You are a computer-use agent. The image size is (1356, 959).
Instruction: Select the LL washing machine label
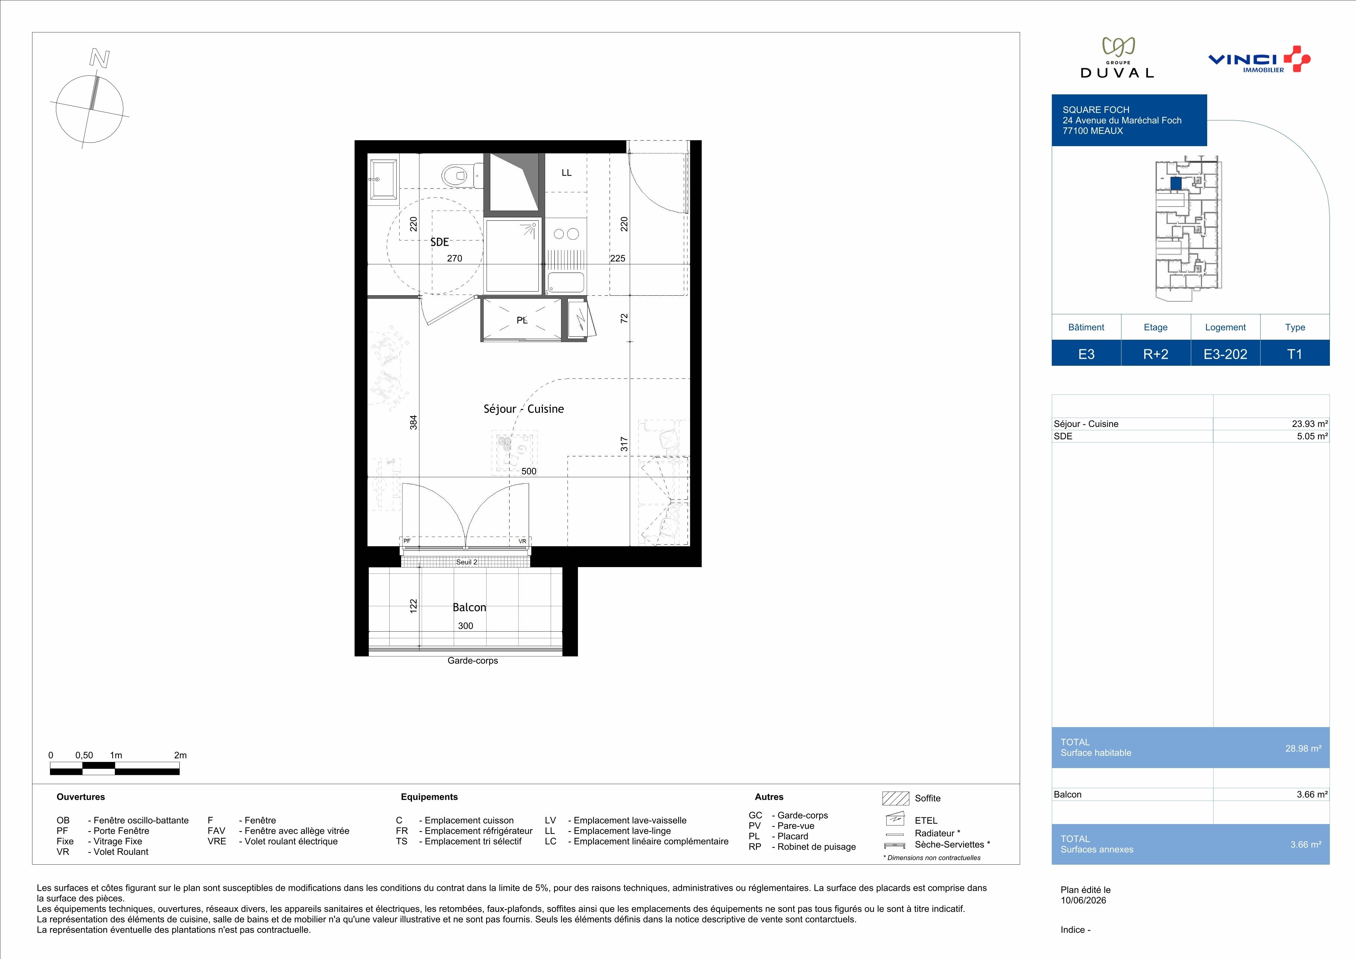[566, 173]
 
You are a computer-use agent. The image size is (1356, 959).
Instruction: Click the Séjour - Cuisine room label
[523, 409]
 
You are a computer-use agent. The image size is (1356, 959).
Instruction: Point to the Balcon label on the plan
[469, 607]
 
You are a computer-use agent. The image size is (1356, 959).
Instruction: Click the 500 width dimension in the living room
[529, 471]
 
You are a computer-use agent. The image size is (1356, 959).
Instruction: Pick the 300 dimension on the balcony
[465, 626]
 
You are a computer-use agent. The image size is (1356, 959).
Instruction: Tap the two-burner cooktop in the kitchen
[566, 234]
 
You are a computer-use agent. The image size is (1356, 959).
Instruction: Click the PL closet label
[522, 320]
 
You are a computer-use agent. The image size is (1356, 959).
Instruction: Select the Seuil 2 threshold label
[466, 562]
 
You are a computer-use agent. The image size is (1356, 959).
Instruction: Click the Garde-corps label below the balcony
[472, 661]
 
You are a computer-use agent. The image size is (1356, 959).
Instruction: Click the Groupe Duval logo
[1117, 58]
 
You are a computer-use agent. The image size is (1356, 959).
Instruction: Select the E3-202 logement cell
[1226, 354]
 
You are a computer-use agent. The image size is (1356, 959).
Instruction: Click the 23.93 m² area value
[1310, 424]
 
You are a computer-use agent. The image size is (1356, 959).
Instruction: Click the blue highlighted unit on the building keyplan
[1176, 184]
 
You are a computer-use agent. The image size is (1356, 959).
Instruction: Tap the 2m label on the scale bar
[180, 755]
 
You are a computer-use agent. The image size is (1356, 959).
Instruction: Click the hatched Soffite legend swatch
[895, 798]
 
